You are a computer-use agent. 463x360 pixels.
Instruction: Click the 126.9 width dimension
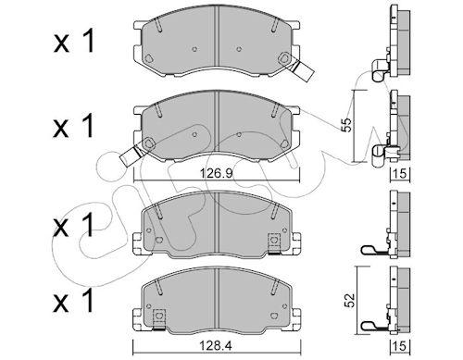[216, 173]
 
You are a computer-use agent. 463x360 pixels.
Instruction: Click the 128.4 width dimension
[217, 346]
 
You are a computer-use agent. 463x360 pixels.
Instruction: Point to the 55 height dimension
[347, 125]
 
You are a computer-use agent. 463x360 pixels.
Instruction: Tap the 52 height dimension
[350, 300]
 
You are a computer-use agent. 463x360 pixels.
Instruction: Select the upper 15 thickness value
[400, 174]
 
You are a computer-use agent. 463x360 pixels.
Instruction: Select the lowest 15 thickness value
[400, 346]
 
